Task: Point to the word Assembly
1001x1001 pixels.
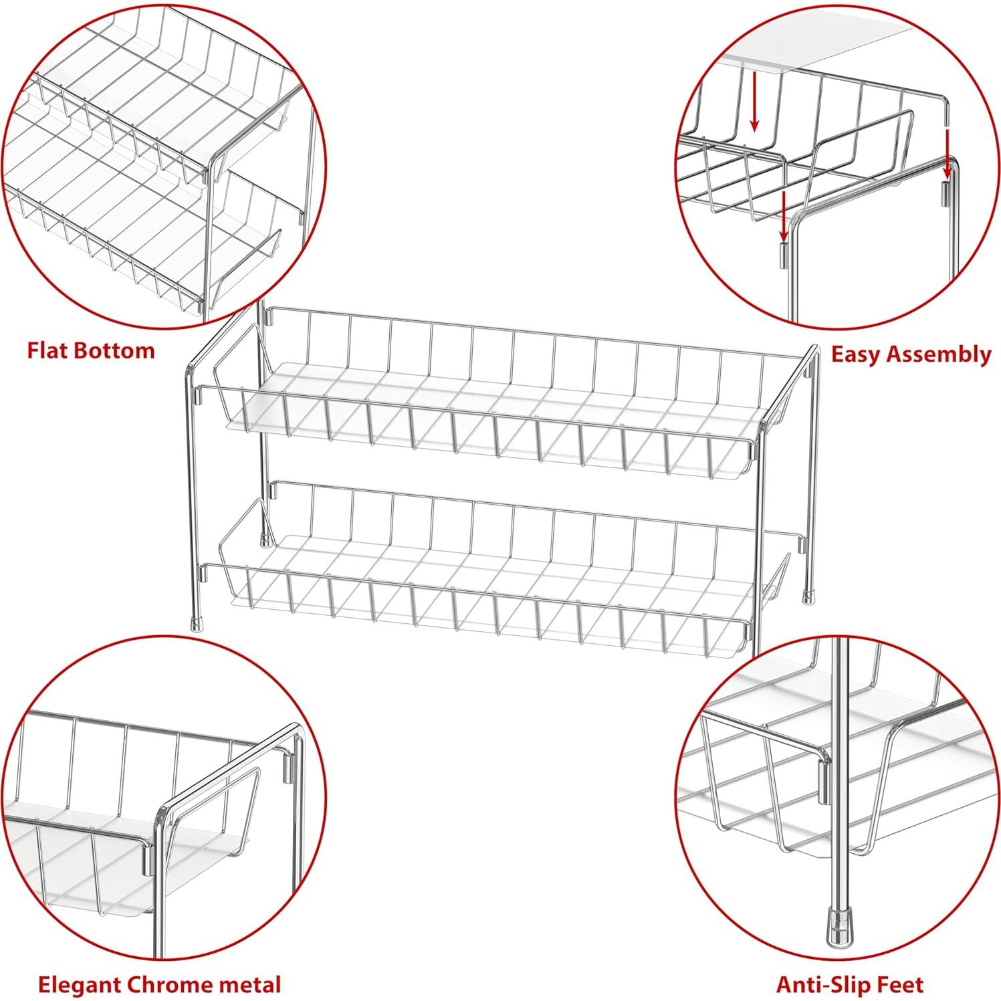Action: (x=943, y=354)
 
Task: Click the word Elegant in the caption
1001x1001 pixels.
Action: (x=80, y=984)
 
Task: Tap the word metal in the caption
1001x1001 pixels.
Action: (x=247, y=984)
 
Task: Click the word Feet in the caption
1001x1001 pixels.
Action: (x=899, y=984)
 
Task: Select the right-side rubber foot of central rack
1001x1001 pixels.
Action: (x=809, y=594)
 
